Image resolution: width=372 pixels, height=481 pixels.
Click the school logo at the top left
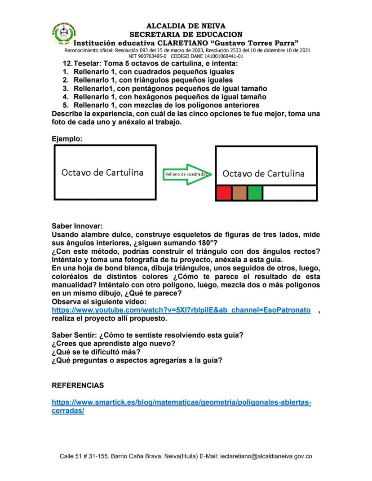(x=63, y=34)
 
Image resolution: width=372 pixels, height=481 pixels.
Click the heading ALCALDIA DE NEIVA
(x=186, y=26)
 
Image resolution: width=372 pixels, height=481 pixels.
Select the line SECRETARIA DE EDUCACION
(x=186, y=34)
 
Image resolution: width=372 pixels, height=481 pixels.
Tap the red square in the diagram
(x=223, y=193)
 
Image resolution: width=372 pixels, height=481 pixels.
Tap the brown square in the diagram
(x=239, y=193)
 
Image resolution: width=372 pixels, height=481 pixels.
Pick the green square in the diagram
(x=255, y=193)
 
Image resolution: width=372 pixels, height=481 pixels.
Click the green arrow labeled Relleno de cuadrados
(x=186, y=174)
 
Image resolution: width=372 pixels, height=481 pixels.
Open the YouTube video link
(x=181, y=310)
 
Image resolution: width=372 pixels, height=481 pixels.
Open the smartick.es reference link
(x=181, y=402)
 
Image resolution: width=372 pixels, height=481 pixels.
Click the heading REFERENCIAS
(x=78, y=385)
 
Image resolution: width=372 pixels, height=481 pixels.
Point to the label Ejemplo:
(x=67, y=139)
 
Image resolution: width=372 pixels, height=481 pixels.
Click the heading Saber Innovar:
(x=77, y=226)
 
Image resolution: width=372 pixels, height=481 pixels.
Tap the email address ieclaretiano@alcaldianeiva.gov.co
(x=266, y=456)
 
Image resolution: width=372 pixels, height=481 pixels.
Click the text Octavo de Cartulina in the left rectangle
(x=102, y=172)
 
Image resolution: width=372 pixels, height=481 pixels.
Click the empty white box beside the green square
(x=288, y=193)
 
